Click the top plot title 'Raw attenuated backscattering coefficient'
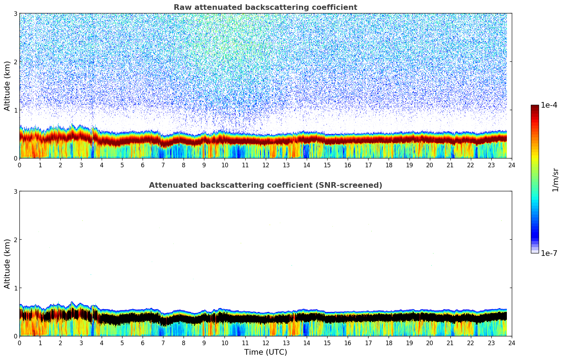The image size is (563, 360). point(265,7)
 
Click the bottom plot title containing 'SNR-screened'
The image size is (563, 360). point(265,185)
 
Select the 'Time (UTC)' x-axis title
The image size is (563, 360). point(265,352)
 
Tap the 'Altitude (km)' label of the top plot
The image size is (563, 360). point(7,86)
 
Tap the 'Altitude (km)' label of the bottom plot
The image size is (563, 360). point(7,264)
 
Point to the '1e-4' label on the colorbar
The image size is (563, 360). point(549,105)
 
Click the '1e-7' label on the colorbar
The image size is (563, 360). point(549,253)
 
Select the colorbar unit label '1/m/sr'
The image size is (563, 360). point(555,180)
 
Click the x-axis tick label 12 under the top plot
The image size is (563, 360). point(265,165)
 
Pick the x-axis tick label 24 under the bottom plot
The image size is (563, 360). point(512,343)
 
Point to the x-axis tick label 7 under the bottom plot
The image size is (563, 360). point(163,343)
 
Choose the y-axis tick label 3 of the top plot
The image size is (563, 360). point(16,13)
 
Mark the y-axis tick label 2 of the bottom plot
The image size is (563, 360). point(16,240)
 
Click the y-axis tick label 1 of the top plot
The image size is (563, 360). point(16,110)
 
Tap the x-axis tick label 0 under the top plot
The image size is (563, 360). point(19,165)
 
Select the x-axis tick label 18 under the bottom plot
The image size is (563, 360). point(389,343)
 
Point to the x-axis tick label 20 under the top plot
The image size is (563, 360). point(430,165)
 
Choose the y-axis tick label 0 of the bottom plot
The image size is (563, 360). point(16,336)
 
